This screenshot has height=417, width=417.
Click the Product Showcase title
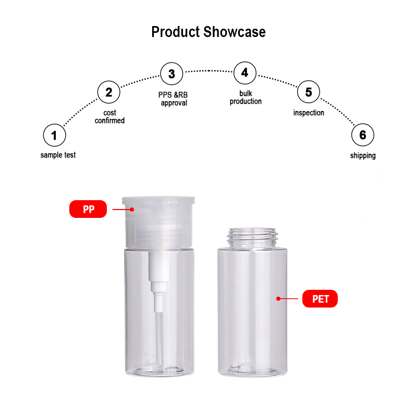click(x=208, y=32)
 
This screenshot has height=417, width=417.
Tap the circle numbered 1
click(x=55, y=135)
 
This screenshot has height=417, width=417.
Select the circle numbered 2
click(x=109, y=92)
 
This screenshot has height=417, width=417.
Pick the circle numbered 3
click(x=172, y=73)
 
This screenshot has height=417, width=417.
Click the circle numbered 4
click(x=245, y=72)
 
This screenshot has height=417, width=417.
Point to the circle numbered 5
click(x=309, y=92)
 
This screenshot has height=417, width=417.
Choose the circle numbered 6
click(x=363, y=135)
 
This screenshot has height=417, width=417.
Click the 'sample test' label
click(x=58, y=155)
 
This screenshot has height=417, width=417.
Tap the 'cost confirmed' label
click(x=109, y=117)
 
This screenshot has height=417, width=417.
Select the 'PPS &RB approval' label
click(x=173, y=99)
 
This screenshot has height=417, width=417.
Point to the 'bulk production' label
click(x=246, y=97)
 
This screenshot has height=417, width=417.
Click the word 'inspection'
click(x=309, y=113)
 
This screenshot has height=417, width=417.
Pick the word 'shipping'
click(x=363, y=155)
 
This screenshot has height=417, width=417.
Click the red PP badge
click(x=88, y=209)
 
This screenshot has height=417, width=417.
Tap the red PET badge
click(x=320, y=299)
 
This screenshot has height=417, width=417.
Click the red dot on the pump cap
click(x=132, y=210)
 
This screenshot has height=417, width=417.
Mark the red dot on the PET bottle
click(x=278, y=299)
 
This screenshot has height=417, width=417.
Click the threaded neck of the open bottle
click(x=252, y=237)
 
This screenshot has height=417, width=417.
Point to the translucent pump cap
click(x=158, y=223)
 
